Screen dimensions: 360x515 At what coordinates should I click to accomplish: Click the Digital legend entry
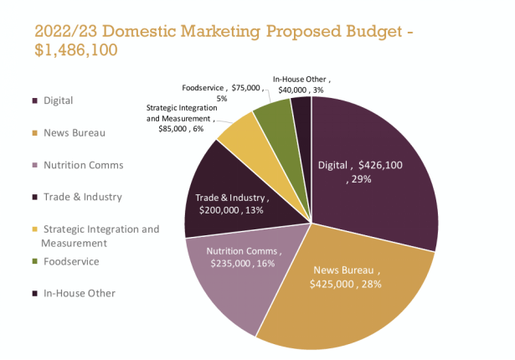[x=58, y=100]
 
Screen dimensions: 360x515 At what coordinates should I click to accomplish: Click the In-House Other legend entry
[x=78, y=293]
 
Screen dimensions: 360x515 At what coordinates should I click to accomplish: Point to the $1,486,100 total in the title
[x=75, y=50]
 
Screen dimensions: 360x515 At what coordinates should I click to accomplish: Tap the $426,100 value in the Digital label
[x=381, y=165]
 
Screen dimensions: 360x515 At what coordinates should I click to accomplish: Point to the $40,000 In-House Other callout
[x=290, y=90]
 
